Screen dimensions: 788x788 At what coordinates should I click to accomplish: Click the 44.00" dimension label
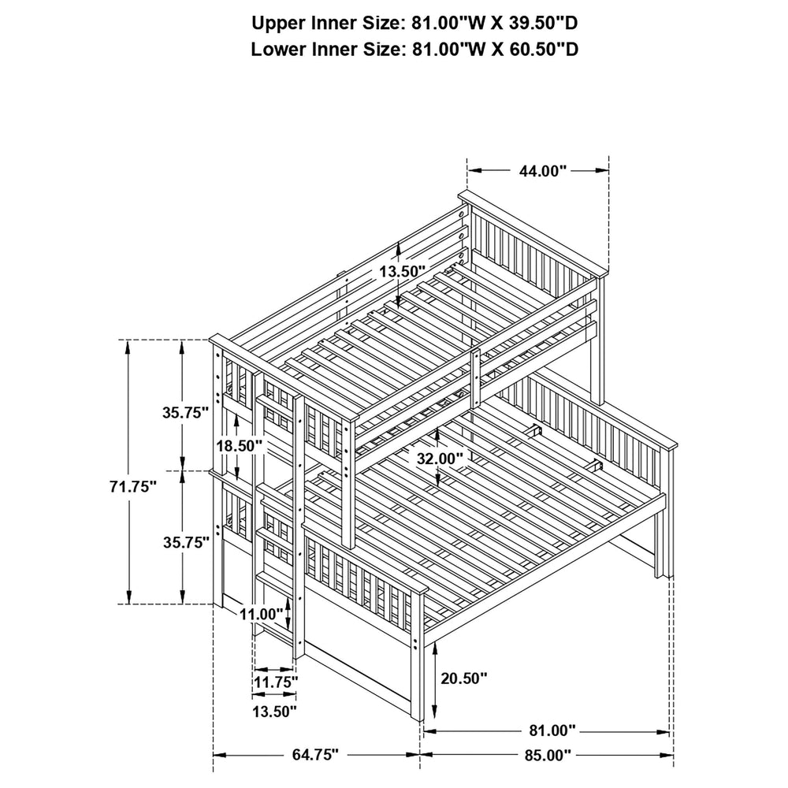coord(542,171)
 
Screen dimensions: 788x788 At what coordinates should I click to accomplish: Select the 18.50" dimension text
coord(240,445)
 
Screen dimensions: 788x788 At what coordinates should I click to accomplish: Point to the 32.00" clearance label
coord(440,459)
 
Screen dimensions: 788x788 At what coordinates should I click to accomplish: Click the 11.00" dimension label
coord(262,614)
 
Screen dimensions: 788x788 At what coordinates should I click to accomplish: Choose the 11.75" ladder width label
coord(275,682)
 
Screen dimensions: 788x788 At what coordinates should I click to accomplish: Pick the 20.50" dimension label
coord(464,678)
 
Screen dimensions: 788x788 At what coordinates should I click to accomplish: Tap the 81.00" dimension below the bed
coord(552,730)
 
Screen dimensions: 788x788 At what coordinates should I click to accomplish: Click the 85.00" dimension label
coord(548,754)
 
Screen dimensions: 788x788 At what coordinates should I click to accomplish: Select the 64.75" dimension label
coord(316,754)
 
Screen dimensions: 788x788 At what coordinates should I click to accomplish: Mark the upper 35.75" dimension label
coord(185,413)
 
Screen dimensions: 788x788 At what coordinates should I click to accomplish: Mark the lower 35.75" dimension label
coord(187,542)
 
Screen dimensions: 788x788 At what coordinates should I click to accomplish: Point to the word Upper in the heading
coord(276,24)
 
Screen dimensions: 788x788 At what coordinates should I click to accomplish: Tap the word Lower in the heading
coord(277,49)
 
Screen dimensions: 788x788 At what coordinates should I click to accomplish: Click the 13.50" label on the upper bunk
coord(402,271)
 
